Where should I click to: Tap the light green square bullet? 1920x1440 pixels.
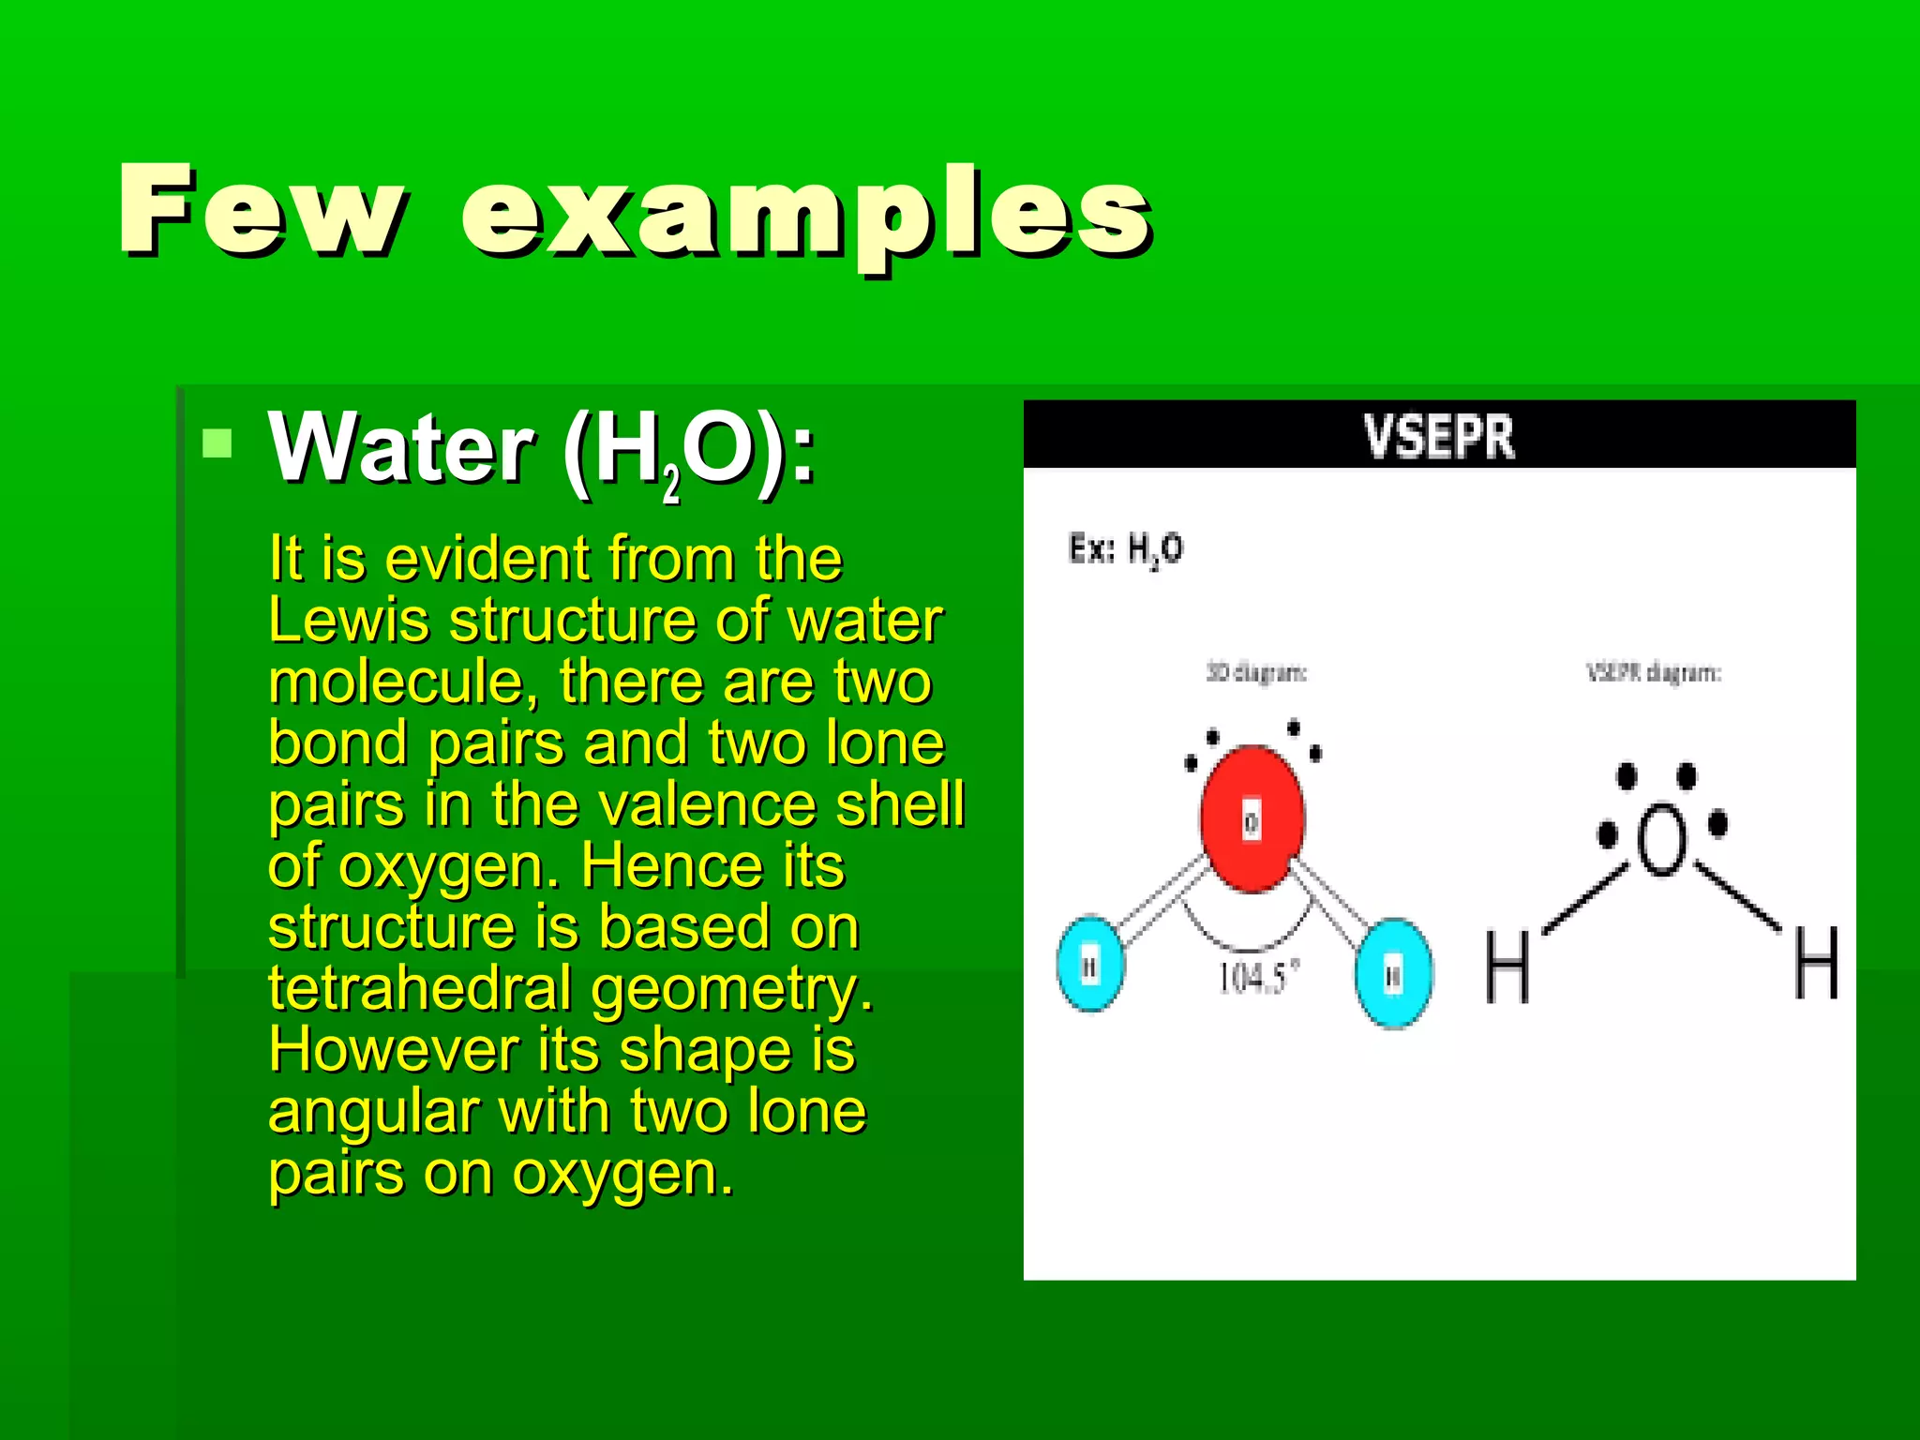(x=217, y=442)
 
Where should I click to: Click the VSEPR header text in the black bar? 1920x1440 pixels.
(x=1438, y=437)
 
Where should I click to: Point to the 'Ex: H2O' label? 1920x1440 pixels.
(x=1125, y=549)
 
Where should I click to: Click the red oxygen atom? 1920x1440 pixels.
(x=1252, y=818)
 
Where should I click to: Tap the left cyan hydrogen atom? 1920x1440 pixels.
(x=1090, y=964)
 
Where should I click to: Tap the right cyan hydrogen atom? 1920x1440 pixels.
(x=1394, y=973)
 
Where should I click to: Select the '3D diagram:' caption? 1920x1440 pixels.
(x=1256, y=673)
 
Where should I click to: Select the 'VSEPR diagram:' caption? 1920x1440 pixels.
(x=1654, y=673)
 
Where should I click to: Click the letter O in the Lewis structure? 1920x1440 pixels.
(x=1661, y=840)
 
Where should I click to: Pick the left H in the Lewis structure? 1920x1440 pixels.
(x=1507, y=966)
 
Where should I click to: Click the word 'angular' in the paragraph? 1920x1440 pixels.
(x=373, y=1114)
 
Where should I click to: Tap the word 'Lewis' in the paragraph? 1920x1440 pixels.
(x=349, y=621)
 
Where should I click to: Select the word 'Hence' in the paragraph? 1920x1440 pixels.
(x=662, y=866)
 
